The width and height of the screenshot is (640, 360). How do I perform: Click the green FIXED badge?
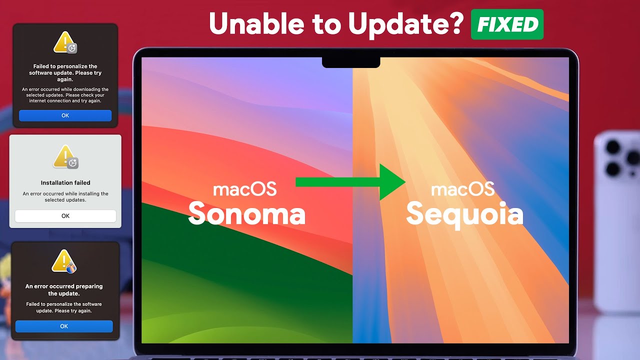click(507, 24)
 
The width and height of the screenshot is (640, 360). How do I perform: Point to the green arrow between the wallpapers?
click(350, 182)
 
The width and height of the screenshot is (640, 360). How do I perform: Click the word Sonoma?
click(246, 213)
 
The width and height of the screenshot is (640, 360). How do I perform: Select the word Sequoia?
click(464, 214)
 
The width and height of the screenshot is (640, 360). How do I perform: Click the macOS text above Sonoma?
click(244, 189)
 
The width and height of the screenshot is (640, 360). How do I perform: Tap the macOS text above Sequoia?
click(462, 189)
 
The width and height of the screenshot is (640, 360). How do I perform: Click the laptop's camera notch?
click(350, 62)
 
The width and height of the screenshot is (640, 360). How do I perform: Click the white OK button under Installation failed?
click(65, 216)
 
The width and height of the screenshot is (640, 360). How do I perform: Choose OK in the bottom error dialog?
click(64, 326)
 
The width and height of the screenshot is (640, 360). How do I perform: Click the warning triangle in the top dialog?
click(64, 42)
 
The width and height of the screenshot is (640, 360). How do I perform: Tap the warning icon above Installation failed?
click(65, 156)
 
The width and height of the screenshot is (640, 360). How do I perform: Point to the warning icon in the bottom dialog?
click(63, 261)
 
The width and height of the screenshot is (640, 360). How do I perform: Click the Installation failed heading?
click(65, 183)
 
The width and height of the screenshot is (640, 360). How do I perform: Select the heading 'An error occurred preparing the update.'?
click(64, 290)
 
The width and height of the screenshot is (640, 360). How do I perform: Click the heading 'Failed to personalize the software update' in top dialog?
click(65, 72)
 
